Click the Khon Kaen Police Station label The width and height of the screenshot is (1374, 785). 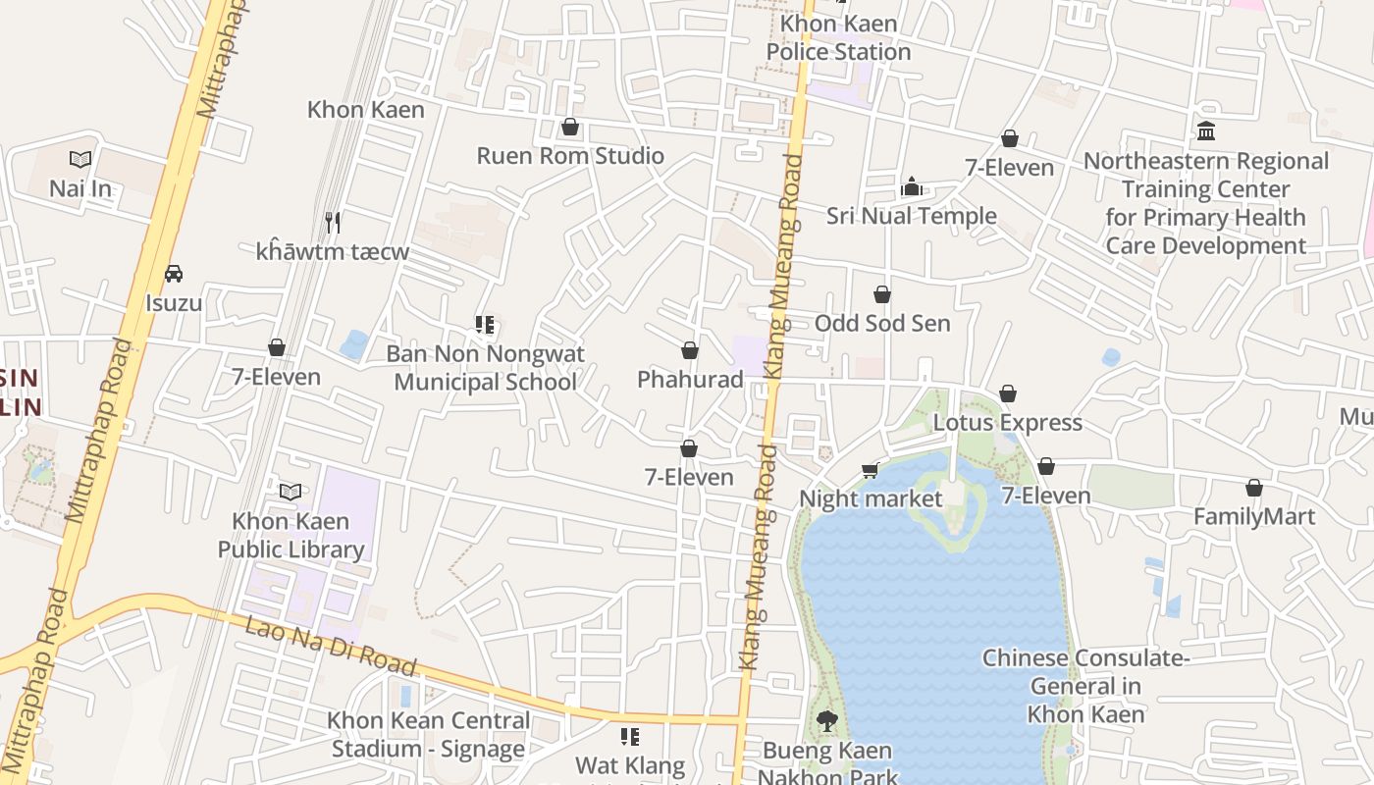pyautogui.click(x=838, y=37)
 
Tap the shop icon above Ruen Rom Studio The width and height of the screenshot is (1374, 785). pyautogui.click(x=569, y=127)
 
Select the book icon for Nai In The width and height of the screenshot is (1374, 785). pyautogui.click(x=80, y=159)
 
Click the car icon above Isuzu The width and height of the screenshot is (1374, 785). pyautogui.click(x=174, y=273)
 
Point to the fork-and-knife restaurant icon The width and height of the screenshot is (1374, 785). pyautogui.click(x=333, y=223)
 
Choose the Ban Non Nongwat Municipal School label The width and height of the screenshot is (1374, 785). pyautogui.click(x=485, y=368)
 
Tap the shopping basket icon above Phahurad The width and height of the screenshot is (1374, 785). pyautogui.click(x=690, y=350)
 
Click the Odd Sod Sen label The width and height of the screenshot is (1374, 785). pyautogui.click(x=882, y=323)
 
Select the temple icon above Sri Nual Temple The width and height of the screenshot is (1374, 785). pyautogui.click(x=912, y=186)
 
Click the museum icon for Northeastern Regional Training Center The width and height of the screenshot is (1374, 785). pyautogui.click(x=1206, y=131)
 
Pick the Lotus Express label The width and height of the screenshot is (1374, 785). pyautogui.click(x=1007, y=423)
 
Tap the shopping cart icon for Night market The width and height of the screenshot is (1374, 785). pyautogui.click(x=870, y=471)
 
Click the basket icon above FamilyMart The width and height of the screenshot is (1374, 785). pyautogui.click(x=1253, y=488)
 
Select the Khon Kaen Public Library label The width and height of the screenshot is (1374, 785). pyautogui.click(x=291, y=535)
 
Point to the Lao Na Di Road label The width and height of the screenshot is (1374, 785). pyautogui.click(x=331, y=646)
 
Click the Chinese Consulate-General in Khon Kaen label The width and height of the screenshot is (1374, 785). pyautogui.click(x=1085, y=686)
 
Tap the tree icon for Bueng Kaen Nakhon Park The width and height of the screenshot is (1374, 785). pyautogui.click(x=827, y=721)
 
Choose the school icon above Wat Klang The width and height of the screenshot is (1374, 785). pyautogui.click(x=630, y=736)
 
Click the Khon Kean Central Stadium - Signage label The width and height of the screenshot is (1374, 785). pyautogui.click(x=428, y=735)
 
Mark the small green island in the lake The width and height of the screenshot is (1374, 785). pyautogui.click(x=951, y=510)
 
